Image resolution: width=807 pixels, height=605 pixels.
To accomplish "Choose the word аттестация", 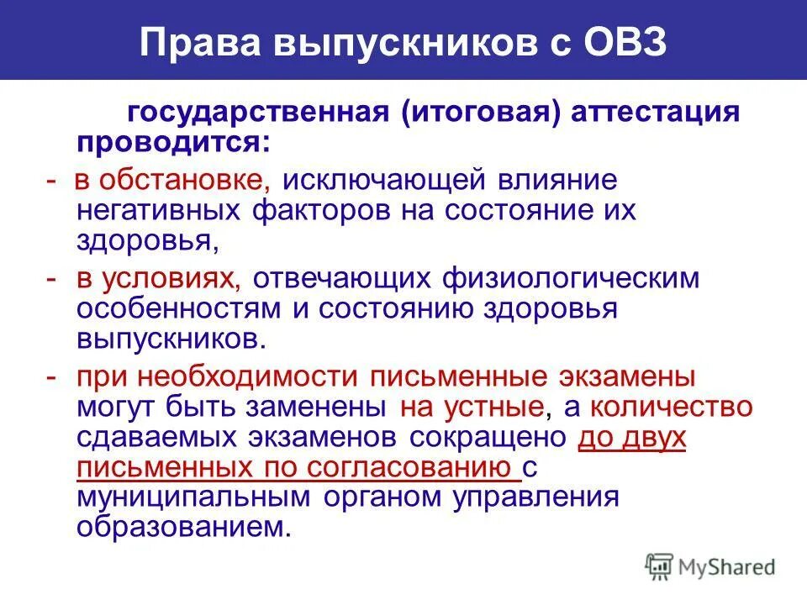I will [x=656, y=113].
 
